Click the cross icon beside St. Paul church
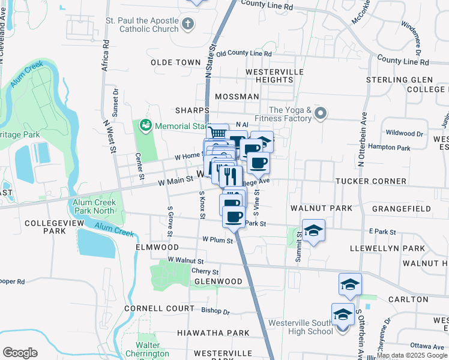point(188,24)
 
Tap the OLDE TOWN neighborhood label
point(175,62)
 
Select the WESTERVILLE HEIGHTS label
point(275,76)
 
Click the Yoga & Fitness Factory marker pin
point(321,113)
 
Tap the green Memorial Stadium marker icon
point(145,125)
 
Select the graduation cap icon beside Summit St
point(313,230)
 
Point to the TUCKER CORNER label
point(371,181)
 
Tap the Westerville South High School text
point(300,327)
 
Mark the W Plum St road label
point(217,239)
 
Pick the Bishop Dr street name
point(215,311)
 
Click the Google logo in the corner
point(20,352)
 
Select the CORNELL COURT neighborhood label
point(159,308)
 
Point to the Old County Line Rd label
point(244,54)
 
